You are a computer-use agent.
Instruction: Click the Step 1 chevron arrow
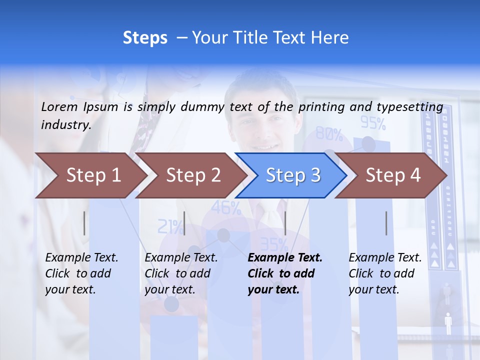[90, 175]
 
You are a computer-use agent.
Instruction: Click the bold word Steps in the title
[145, 37]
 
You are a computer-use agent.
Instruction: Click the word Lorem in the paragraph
[59, 106]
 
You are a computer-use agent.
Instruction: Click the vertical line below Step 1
[84, 223]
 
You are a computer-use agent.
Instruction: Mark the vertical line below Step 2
[184, 223]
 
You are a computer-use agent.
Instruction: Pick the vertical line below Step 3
[285, 223]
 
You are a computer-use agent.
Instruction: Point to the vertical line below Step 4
[386, 223]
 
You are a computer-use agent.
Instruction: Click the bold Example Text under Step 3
[285, 258]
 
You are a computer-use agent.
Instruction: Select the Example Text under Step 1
[81, 258]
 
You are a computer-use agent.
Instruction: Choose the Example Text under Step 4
[385, 258]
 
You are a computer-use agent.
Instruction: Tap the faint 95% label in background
[373, 122]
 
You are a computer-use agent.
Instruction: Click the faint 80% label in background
[329, 134]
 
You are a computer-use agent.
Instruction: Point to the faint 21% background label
[170, 227]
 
